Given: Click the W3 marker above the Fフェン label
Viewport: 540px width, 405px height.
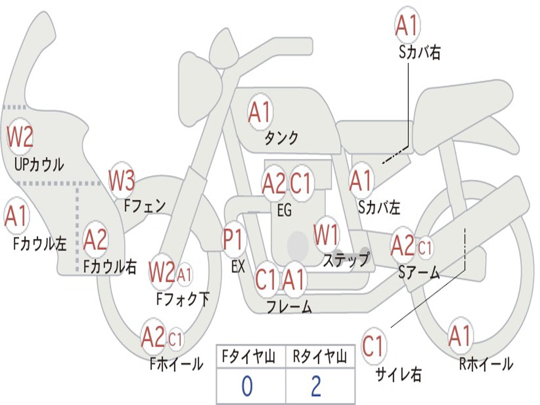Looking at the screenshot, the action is pos(122,180).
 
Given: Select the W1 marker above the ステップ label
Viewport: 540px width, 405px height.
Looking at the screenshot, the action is pos(326,235).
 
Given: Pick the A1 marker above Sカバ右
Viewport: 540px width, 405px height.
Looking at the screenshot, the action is pos(408,25).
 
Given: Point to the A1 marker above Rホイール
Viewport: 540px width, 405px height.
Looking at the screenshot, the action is pos(460,336).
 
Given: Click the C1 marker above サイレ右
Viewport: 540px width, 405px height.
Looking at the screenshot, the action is pos(373,346).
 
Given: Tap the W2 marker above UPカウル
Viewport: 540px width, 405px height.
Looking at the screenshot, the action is pos(20,137).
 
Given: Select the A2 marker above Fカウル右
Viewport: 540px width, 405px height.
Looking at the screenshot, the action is pos(95,239).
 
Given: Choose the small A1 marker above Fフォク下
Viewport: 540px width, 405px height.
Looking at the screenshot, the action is pos(185,274).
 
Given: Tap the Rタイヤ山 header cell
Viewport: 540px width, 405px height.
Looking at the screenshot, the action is pos(320,356).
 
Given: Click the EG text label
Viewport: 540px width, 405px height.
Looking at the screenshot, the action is pos(284,210).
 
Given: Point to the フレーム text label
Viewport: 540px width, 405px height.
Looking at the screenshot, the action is pos(290,306).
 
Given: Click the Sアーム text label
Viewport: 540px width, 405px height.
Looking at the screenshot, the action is pos(419,273).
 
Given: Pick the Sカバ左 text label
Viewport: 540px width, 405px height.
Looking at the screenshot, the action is pos(379,207).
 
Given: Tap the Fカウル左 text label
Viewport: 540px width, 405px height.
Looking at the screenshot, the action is pos(40,244).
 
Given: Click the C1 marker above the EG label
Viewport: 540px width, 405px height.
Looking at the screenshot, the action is pos(300,182).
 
